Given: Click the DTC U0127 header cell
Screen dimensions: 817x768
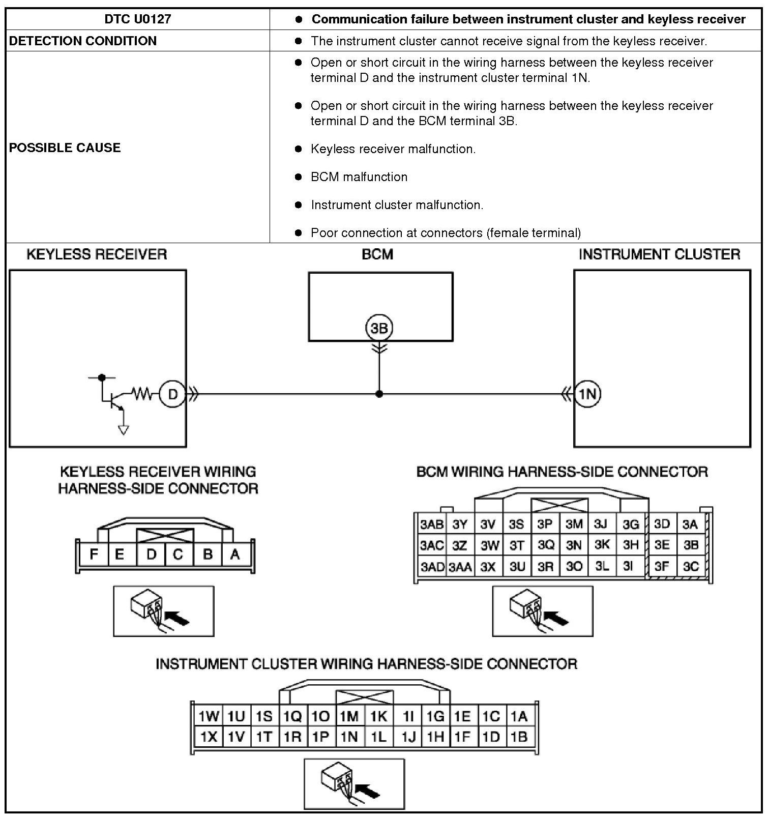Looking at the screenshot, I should pos(137,19).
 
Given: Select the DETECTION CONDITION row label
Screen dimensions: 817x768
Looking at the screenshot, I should pos(83,41).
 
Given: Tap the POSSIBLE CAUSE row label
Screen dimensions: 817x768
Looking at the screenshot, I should pos(65,148).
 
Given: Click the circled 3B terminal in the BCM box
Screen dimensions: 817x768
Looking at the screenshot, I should pos(379,328).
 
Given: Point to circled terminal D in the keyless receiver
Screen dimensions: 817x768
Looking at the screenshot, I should pos(172,394).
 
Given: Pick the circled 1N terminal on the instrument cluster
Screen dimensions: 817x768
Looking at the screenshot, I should pos(587,394).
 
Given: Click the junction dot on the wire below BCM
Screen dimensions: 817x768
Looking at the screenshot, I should pos(379,394).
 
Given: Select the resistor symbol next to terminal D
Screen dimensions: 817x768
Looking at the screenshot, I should pos(142,393).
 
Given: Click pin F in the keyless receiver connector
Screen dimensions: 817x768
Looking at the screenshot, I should pos(94,554).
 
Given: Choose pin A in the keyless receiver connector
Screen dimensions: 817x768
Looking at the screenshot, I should pos(235,554).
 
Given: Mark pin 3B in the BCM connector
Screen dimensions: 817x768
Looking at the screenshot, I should pos(691,545).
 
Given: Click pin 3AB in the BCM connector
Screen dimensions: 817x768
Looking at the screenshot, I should pos(431,524).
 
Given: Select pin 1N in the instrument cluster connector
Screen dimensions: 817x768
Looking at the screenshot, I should pos(349,737).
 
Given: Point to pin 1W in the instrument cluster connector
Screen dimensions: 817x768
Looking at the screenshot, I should pos(209,717).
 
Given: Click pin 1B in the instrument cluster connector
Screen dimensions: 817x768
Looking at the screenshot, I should pos(519,737).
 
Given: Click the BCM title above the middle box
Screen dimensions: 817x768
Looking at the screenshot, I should pos(377,254).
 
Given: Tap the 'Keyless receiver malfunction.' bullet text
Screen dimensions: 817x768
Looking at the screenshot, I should pos(393,149).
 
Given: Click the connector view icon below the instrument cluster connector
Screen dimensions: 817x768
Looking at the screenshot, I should pos(354,784).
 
